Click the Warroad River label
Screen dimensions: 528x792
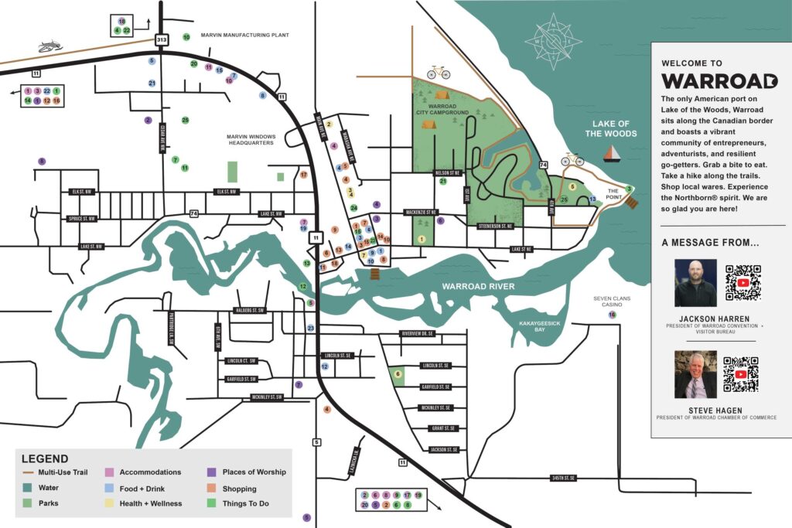479,287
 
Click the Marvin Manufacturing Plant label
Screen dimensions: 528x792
244,36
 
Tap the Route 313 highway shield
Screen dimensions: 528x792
161,39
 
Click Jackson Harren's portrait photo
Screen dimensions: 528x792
695,283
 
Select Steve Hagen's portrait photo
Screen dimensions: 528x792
695,374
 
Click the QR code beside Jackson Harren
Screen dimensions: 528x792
743,282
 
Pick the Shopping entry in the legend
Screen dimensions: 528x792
239,489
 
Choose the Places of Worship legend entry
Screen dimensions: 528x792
254,472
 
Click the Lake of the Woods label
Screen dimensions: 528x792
612,128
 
